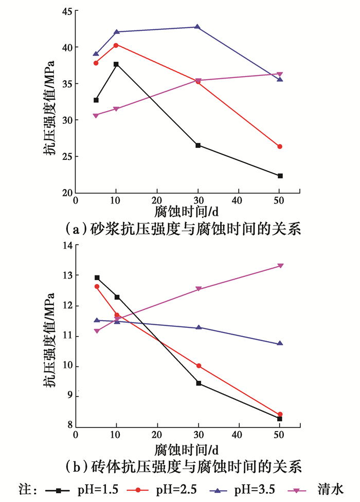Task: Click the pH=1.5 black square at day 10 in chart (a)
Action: (x=116, y=64)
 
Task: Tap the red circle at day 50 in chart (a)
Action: (x=280, y=146)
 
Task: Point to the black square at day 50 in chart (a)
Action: (x=280, y=176)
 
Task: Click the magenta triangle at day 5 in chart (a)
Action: (x=96, y=116)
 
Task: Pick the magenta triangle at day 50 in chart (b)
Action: (x=280, y=266)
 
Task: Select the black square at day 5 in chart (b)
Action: (x=97, y=277)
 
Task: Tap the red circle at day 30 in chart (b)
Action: (x=199, y=366)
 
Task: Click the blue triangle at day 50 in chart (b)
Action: (x=280, y=343)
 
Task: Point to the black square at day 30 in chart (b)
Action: (x=199, y=383)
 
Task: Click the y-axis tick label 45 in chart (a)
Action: (x=65, y=11)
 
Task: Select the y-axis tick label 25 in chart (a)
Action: (x=65, y=157)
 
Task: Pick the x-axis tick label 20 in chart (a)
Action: (x=157, y=201)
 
